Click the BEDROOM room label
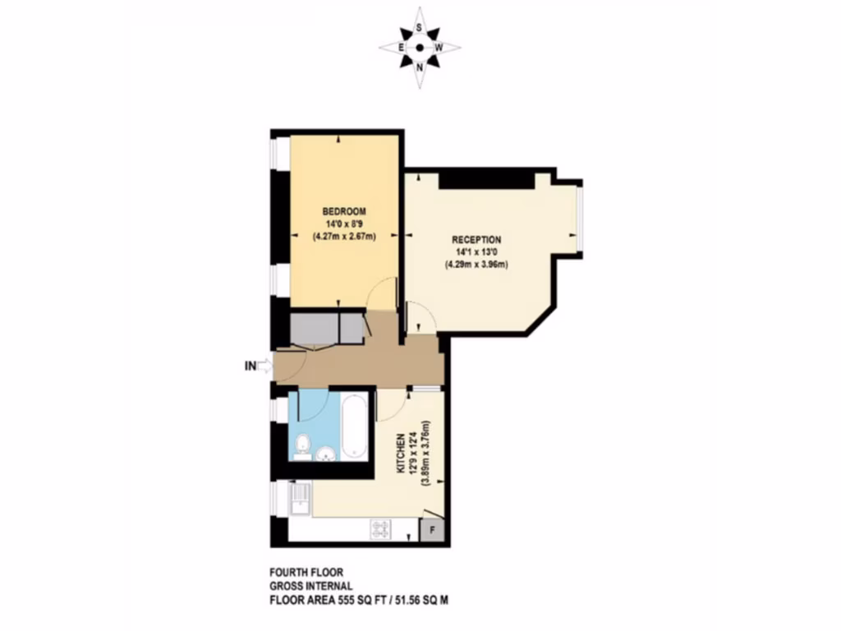point(343,211)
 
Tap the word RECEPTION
point(477,239)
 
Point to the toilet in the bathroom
point(301,446)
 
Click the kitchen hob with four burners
point(380,528)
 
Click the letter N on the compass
point(420,67)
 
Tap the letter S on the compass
point(420,27)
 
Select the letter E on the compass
point(401,48)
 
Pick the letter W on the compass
point(439,48)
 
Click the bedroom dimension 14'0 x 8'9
point(343,223)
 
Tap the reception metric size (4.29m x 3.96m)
point(477,265)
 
